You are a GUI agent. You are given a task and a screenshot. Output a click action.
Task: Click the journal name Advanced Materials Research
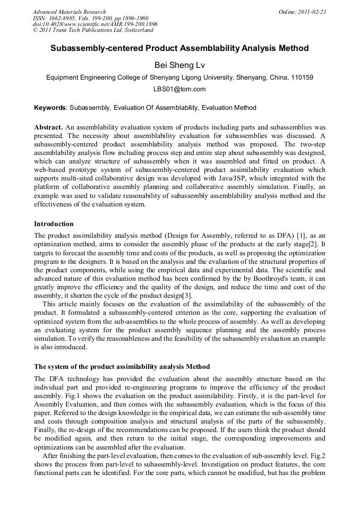(x=69, y=12)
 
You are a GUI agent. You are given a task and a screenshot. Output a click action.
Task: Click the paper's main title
(x=179, y=48)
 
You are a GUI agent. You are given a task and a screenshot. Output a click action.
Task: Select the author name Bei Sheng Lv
(x=179, y=65)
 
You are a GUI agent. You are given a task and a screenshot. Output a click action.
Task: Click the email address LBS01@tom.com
(x=179, y=89)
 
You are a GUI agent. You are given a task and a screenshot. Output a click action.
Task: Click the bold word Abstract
(x=48, y=128)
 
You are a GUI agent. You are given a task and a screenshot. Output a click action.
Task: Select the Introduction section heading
(x=54, y=224)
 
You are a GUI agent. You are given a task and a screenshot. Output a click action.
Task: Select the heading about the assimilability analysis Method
(x=122, y=367)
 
